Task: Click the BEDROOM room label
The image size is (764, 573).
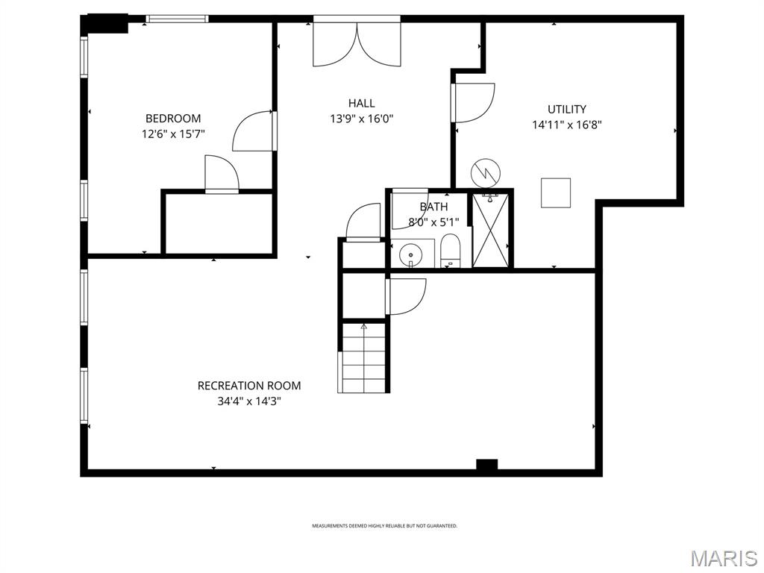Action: (x=173, y=118)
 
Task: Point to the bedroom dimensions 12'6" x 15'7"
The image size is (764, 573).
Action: (x=173, y=134)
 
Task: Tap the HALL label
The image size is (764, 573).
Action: (x=361, y=103)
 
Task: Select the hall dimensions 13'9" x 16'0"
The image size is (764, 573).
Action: (x=361, y=118)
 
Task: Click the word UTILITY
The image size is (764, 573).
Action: (x=567, y=109)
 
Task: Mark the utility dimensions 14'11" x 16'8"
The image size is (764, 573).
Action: (x=567, y=125)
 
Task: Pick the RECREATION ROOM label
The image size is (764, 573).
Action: (x=249, y=386)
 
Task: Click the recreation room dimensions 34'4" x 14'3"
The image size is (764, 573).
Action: (x=249, y=401)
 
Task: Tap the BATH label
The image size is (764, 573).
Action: (x=433, y=207)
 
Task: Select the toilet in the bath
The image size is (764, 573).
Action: (x=451, y=249)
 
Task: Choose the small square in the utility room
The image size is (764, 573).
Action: (x=556, y=192)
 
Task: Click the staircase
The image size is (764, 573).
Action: (x=364, y=357)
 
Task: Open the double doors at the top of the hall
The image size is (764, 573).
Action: (x=357, y=43)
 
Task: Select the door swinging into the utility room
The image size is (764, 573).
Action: (x=474, y=102)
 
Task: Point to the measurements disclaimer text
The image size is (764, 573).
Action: (x=384, y=526)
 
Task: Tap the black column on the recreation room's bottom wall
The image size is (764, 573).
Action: (x=486, y=465)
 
